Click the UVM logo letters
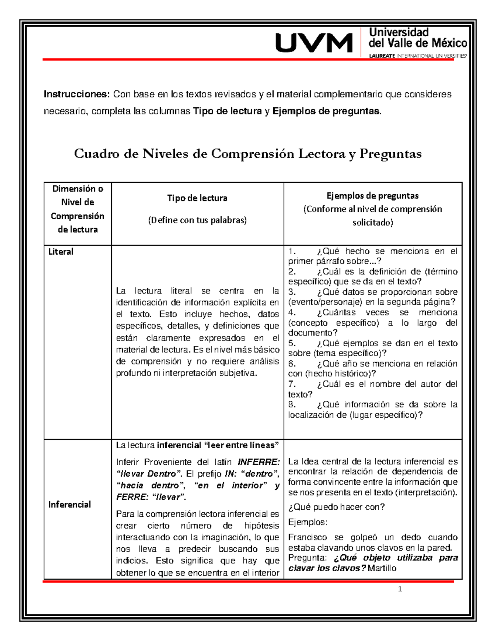[314, 43]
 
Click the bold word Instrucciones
[76, 94]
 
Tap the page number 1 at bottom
[400, 589]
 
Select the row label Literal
[61, 252]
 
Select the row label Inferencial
[69, 504]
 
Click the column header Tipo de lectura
[197, 198]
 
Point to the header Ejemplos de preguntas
[372, 196]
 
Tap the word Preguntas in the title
[390, 154]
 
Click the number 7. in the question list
[292, 384]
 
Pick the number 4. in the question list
[292, 312]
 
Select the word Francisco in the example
[308, 537]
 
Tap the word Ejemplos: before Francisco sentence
[308, 522]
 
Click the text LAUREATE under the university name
[382, 56]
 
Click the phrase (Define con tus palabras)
[197, 220]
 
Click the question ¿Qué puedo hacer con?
[336, 507]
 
